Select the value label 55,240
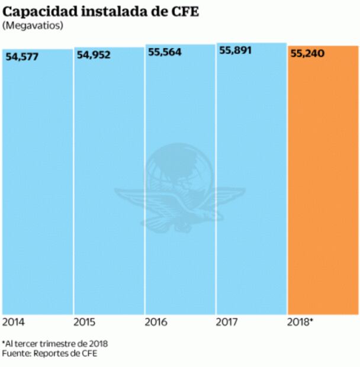(308, 54)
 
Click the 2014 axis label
(14, 322)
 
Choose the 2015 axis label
(85, 322)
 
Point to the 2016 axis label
(156, 322)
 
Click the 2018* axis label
(300, 322)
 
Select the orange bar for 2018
(323, 178)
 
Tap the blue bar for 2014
(37, 178)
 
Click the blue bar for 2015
(108, 178)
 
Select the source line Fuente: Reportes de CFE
(49, 353)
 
